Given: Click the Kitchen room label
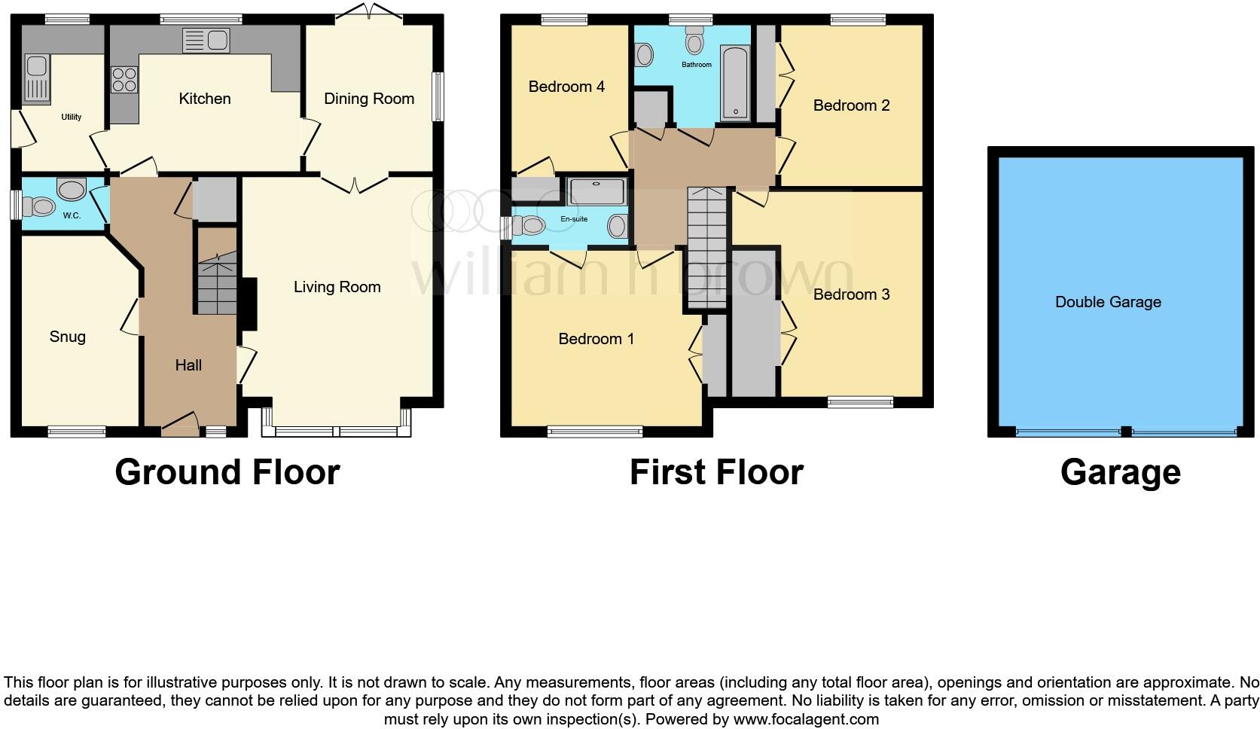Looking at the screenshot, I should coord(204,99).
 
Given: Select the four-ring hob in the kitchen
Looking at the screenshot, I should coord(124,80).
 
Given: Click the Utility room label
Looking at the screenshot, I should coord(72,117).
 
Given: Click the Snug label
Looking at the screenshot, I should coord(67,337).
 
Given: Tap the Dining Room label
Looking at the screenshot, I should coord(369,99).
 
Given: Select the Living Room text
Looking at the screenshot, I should coord(337,287).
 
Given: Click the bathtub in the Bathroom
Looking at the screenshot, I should coord(735,83).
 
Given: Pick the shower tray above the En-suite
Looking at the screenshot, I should coord(596,192).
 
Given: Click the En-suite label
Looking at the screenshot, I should coord(574,219).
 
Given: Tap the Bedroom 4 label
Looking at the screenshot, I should coord(566,87).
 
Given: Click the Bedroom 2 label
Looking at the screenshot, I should coord(851,105).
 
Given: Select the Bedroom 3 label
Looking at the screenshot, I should coord(851,294).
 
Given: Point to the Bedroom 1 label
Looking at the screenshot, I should coord(596,339).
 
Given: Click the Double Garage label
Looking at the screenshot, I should coord(1108,302).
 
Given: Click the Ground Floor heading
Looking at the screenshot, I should coord(227,472).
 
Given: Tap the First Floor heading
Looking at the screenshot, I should coord(716,472).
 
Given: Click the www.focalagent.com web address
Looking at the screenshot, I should coord(806,719).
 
